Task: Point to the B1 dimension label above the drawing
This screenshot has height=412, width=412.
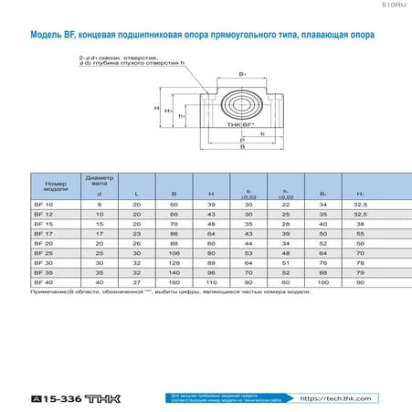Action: pos(242,73)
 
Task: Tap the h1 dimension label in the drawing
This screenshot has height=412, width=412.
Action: pos(183,116)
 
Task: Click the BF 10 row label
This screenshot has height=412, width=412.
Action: pos(42,206)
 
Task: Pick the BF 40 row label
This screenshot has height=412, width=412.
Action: pos(42,282)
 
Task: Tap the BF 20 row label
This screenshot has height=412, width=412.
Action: pos(42,244)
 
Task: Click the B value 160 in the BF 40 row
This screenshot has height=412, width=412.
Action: pos(174,282)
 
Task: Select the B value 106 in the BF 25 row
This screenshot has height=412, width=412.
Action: pos(174,253)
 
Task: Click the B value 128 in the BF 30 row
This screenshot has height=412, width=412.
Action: pos(174,263)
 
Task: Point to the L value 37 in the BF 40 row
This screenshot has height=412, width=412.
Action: pos(136,282)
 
